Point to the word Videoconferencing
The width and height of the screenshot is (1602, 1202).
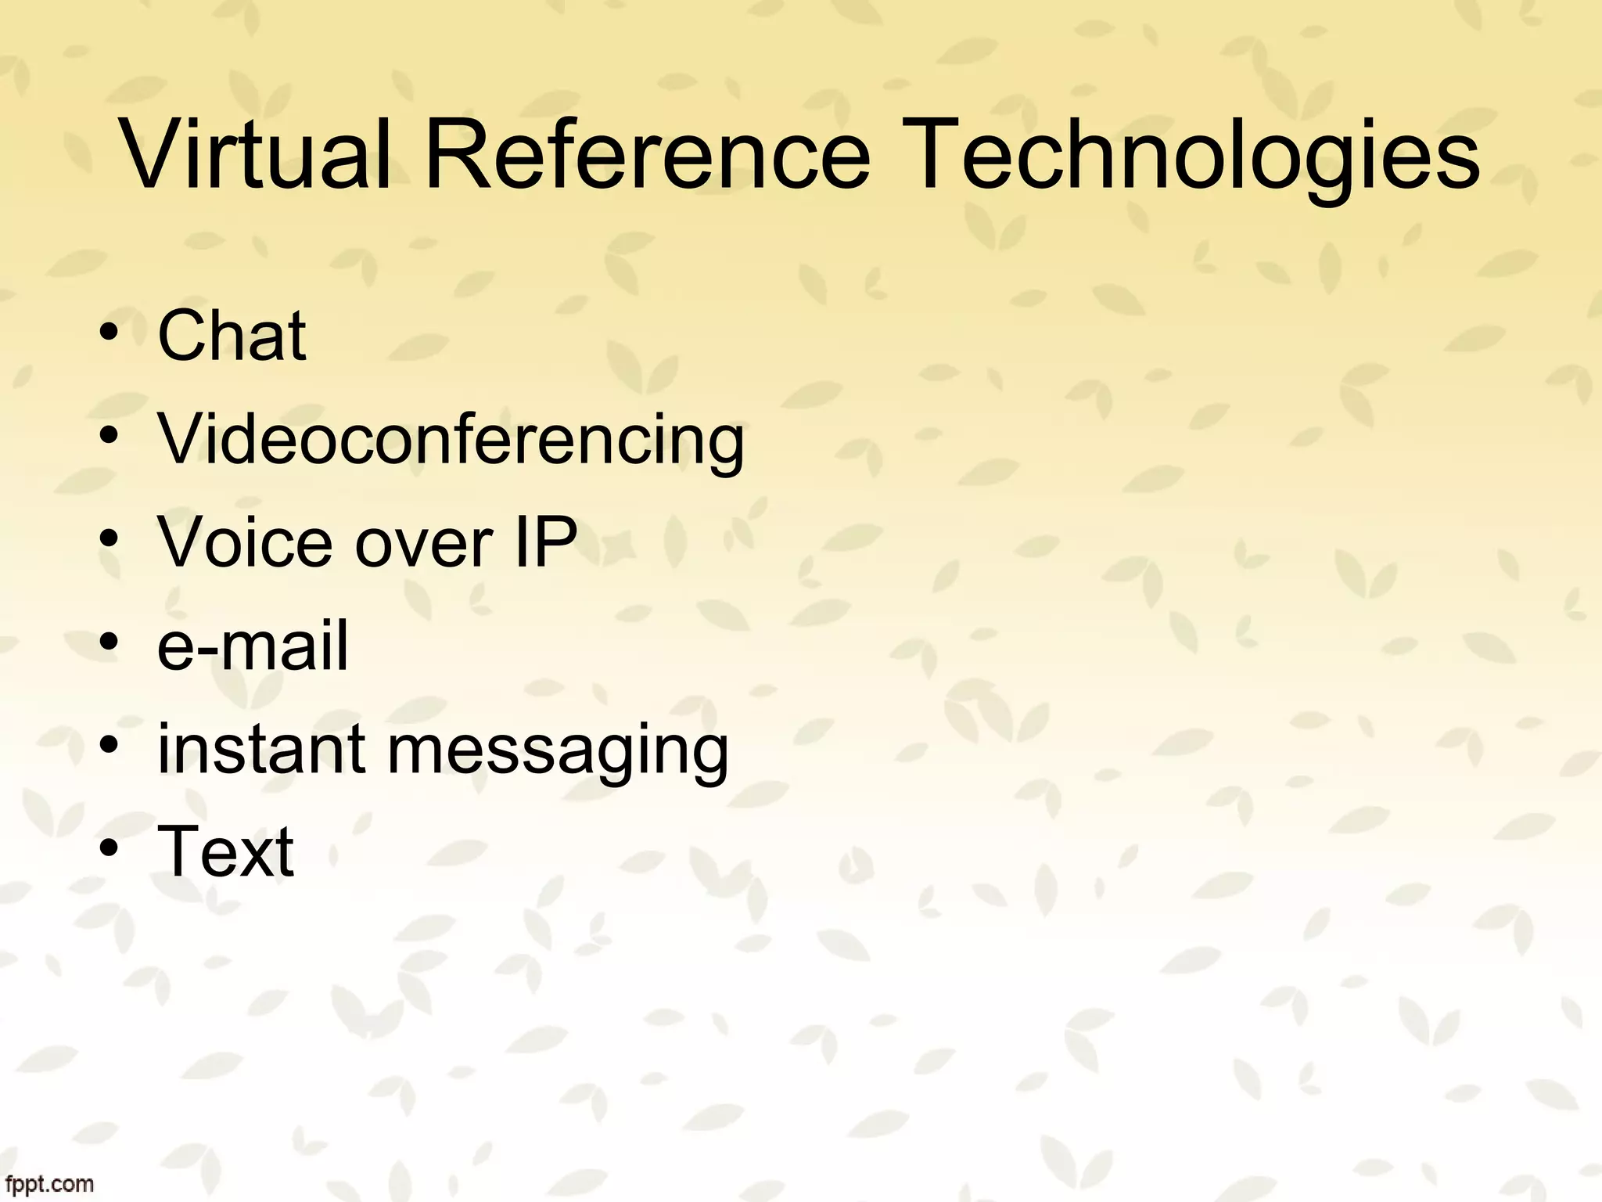pyautogui.click(x=451, y=441)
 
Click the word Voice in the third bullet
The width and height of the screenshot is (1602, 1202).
pyautogui.click(x=249, y=542)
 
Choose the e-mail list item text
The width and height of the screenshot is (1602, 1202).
pyautogui.click(x=252, y=646)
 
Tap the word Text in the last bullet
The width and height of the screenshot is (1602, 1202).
pyautogui.click(x=226, y=851)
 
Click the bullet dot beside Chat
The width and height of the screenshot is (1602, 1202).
pyautogui.click(x=109, y=336)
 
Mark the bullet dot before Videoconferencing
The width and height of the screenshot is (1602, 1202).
pyautogui.click(x=109, y=439)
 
